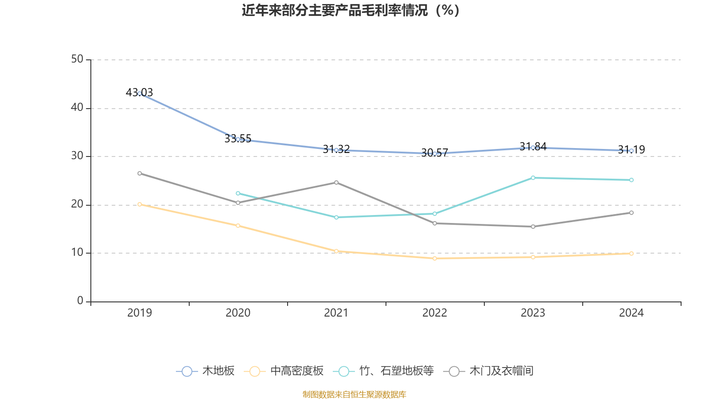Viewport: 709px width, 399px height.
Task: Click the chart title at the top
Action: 351,10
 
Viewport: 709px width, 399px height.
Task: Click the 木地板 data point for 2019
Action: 140,94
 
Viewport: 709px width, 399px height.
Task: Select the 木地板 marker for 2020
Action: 238,139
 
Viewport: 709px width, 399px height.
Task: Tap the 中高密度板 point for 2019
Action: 140,204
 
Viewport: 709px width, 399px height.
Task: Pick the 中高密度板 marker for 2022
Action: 435,258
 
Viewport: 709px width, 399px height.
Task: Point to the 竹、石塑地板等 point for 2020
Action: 238,193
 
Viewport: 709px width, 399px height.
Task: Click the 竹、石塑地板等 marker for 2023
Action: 533,178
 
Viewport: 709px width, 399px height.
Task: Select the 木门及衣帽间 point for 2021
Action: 336,182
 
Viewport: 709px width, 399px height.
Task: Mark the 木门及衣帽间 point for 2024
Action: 631,213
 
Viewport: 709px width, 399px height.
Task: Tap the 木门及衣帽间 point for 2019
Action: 140,173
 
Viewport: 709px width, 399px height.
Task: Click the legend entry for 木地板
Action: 206,371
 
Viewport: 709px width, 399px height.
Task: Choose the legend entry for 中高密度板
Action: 284,371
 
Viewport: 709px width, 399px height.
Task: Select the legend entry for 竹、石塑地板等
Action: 386,371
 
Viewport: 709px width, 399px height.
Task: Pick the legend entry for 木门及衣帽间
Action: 488,371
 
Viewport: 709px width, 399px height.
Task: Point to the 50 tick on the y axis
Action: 77,59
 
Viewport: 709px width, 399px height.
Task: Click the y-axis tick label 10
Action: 77,253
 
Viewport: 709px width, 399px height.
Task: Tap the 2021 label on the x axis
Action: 336,313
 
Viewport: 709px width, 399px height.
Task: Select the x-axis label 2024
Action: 631,313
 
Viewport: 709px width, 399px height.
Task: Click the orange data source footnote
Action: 354,394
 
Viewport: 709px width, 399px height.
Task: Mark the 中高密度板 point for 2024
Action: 631,254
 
